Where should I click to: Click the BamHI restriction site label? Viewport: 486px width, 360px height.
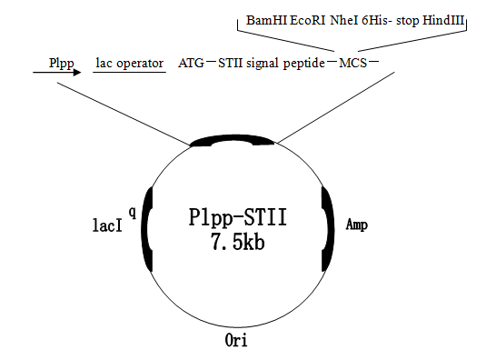coord(266,20)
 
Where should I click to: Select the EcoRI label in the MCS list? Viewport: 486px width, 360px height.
coord(310,20)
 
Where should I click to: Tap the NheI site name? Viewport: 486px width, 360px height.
coord(349,20)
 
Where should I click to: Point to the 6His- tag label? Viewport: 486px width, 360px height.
coord(386,20)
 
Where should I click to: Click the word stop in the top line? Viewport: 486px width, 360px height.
coord(416,20)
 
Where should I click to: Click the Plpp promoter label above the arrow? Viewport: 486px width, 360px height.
coord(61,63)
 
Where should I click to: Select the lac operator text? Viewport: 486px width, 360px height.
coord(129,63)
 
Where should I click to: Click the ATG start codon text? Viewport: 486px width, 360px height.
coord(192,63)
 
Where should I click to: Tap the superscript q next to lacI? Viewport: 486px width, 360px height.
coord(133,212)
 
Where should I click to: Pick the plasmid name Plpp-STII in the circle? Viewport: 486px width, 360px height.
coord(237,219)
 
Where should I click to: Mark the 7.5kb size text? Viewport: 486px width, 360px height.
coord(237,243)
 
